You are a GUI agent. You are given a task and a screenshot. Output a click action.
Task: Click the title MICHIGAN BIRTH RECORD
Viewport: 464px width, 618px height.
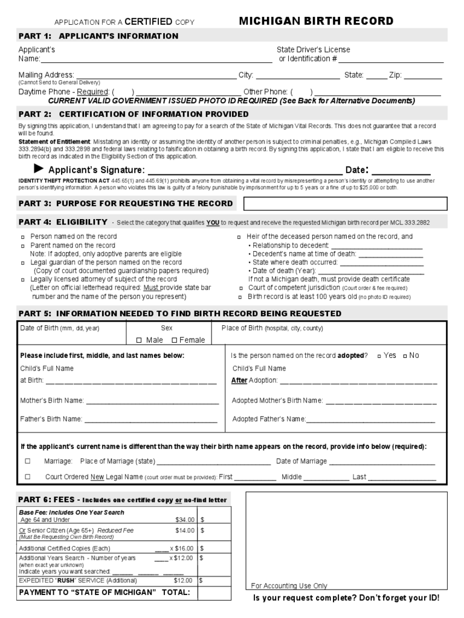tap(316, 21)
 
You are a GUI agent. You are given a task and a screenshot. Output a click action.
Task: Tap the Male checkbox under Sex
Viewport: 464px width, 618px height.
tap(139, 340)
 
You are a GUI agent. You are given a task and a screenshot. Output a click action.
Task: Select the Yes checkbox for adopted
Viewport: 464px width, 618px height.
tap(379, 356)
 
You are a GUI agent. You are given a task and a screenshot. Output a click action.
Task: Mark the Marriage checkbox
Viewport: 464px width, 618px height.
tap(28, 461)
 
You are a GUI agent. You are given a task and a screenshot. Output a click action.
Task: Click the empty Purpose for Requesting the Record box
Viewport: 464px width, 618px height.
tap(345, 203)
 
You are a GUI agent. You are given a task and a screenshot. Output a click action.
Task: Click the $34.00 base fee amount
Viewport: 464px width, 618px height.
tap(184, 519)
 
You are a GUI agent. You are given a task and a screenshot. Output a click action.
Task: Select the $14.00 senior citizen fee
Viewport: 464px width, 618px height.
tap(184, 530)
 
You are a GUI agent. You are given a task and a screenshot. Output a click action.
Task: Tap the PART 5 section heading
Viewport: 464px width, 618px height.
tap(179, 313)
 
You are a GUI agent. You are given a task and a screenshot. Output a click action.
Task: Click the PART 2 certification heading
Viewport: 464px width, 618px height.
tap(134, 113)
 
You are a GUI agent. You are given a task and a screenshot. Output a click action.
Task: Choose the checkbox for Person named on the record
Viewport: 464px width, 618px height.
tap(22, 237)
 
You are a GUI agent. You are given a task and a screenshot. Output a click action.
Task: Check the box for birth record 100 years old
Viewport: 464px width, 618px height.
tap(240, 298)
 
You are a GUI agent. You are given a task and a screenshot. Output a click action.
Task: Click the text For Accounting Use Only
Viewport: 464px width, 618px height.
tap(289, 585)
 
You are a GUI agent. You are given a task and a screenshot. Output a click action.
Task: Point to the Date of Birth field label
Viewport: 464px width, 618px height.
tap(60, 328)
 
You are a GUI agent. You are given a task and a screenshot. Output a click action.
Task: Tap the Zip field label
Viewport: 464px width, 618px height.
tap(395, 75)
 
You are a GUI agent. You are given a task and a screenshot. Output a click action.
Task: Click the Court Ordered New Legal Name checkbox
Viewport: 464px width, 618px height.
tap(28, 477)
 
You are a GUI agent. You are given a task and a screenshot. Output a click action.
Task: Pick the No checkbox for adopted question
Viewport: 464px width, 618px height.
tap(405, 356)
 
